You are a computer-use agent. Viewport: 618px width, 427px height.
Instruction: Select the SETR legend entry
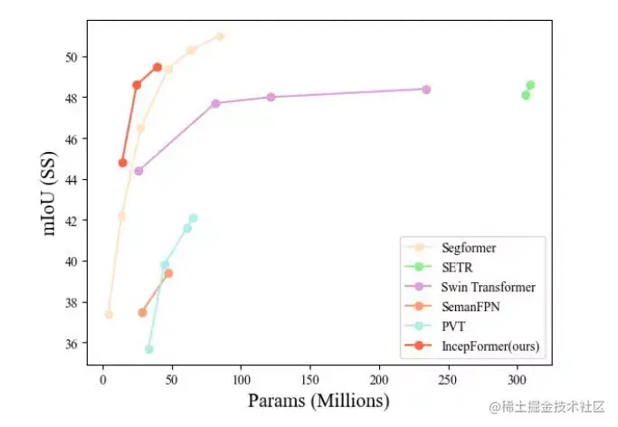455,267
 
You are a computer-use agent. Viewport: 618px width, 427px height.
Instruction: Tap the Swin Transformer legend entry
488,287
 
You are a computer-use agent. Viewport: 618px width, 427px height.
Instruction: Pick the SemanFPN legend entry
471,307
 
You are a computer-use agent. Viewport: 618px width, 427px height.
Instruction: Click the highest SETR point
530,85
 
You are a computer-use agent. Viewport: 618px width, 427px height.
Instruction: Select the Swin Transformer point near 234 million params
426,90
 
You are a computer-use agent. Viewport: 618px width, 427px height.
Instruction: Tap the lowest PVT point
149,349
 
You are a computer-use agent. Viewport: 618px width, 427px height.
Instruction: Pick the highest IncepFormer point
157,67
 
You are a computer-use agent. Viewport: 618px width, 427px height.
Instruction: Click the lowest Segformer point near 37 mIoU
109,315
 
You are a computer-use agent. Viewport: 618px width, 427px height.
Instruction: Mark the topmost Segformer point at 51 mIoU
220,36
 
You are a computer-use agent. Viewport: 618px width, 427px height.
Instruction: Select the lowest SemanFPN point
142,313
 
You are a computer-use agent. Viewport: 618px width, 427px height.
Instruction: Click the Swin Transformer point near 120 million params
271,97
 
